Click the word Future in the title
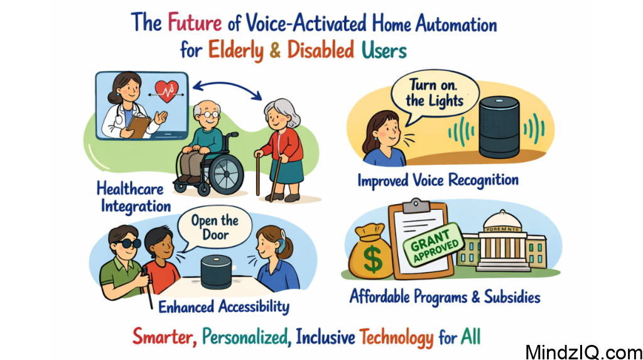click(x=194, y=23)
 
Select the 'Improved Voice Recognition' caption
click(x=438, y=181)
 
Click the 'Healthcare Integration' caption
click(x=133, y=197)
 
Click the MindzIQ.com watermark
click(x=583, y=349)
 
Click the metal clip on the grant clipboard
click(x=414, y=207)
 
